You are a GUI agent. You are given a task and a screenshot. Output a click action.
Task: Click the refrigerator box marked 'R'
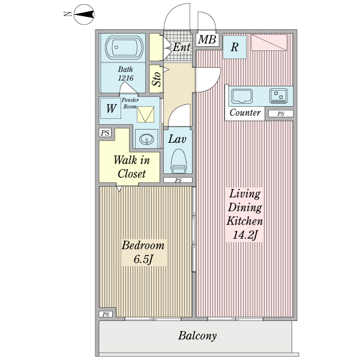pyautogui.click(x=235, y=47)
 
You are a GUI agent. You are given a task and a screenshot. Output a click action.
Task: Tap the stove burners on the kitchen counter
pyautogui.click(x=278, y=95)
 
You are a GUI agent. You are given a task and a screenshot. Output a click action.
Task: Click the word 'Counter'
pyautogui.click(x=245, y=113)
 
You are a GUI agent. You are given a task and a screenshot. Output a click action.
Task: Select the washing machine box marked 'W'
pyautogui.click(x=111, y=109)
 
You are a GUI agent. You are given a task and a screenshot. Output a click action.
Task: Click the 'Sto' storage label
pyautogui.click(x=156, y=79)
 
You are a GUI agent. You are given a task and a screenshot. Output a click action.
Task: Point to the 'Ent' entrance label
pyautogui.click(x=181, y=47)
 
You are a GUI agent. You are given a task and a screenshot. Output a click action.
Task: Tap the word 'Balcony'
pyautogui.click(x=197, y=336)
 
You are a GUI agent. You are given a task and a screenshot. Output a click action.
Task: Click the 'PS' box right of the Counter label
pyautogui.click(x=280, y=113)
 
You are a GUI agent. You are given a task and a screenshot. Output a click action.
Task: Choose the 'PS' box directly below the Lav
pyautogui.click(x=178, y=180)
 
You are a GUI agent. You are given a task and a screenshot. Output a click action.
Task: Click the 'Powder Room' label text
pyautogui.click(x=130, y=103)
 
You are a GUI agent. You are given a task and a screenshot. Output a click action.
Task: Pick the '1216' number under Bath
pyautogui.click(x=125, y=78)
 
